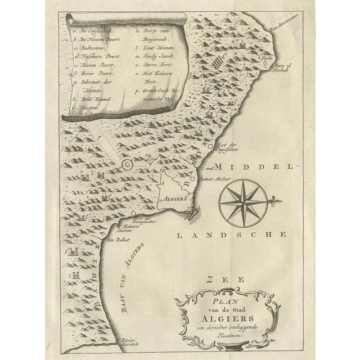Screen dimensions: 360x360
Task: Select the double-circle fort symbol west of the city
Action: pyautogui.click(x=128, y=164)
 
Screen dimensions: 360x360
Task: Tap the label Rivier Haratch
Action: pyautogui.click(x=132, y=342)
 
